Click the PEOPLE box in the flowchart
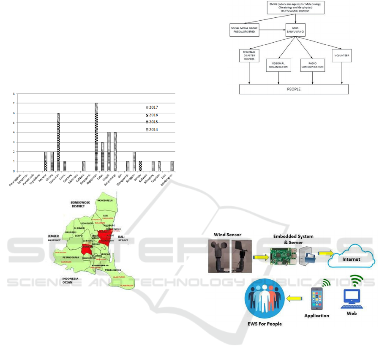(294, 89)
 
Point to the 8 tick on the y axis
(14, 94)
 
